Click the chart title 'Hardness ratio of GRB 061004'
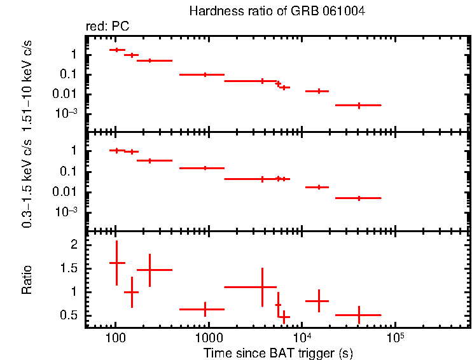pyautogui.click(x=277, y=11)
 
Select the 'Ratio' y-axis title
pyautogui.click(x=27, y=280)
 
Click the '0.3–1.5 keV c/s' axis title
pyautogui.click(x=27, y=182)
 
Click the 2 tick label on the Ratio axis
pyautogui.click(x=74, y=245)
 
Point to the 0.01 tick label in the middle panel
pyautogui.click(x=66, y=192)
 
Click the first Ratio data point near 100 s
pyautogui.click(x=116, y=262)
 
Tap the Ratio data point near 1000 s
pyautogui.click(x=205, y=309)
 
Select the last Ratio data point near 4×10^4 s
pyautogui.click(x=359, y=315)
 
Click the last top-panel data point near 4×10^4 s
pyautogui.click(x=359, y=105)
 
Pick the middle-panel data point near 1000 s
pyautogui.click(x=205, y=168)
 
